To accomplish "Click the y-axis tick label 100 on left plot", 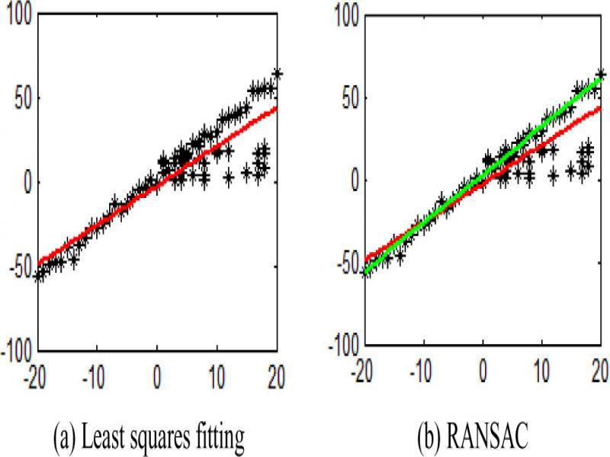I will [18, 18].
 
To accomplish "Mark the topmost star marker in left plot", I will [278, 74].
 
